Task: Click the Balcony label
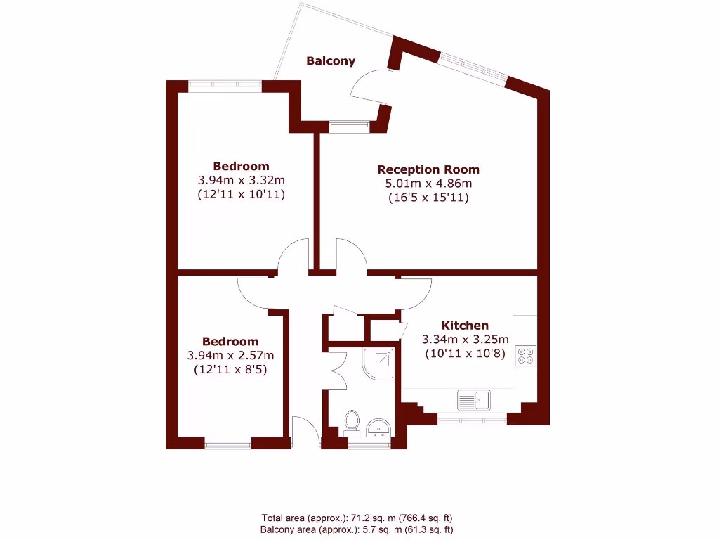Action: (x=331, y=61)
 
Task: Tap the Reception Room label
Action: (x=428, y=169)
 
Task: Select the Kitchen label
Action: (x=465, y=326)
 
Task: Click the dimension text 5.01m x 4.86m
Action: (x=428, y=184)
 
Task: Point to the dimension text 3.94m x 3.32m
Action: (x=241, y=180)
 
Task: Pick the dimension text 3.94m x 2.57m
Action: (x=230, y=355)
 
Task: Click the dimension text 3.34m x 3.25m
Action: (x=465, y=340)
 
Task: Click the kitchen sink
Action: (x=474, y=400)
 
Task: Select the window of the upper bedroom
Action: (x=225, y=86)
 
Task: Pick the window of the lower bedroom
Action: (x=227, y=443)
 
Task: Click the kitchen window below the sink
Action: (x=472, y=420)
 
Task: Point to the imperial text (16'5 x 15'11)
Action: (x=428, y=198)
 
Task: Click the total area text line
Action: (x=359, y=519)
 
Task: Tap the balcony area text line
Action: (x=359, y=529)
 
